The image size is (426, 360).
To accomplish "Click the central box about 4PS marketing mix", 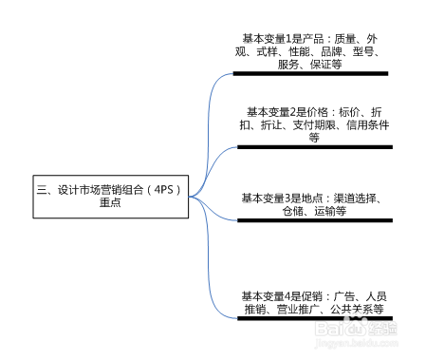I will (109, 196).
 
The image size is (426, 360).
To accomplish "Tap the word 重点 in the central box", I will (109, 203).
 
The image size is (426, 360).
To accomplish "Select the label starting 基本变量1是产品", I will (309, 51).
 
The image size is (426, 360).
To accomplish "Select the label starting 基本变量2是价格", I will (313, 124).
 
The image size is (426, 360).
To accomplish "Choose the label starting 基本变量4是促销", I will (312, 302).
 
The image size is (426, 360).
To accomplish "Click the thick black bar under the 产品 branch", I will (310, 73).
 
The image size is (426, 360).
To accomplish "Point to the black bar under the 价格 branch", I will (313, 147).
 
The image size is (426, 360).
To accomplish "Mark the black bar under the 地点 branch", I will (314, 220).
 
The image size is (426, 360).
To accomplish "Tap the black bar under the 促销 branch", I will (314, 318).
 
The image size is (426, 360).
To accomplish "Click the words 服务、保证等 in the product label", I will (309, 65).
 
